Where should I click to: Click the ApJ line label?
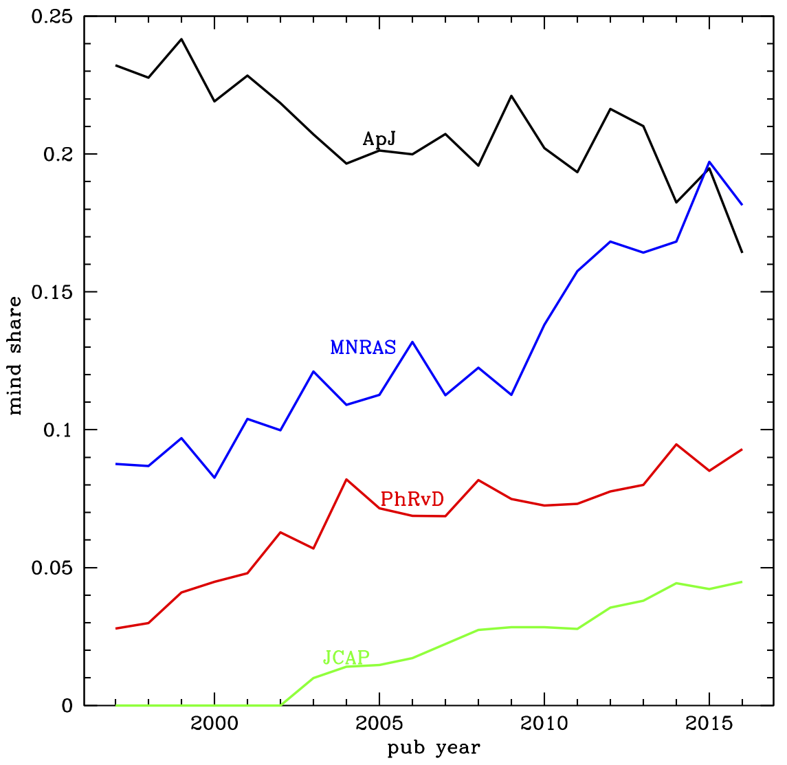tap(379, 140)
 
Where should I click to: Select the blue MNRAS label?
tap(363, 348)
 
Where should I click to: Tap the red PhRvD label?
tap(412, 499)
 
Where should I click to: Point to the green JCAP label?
tap(346, 658)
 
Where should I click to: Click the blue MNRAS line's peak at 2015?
tap(709, 162)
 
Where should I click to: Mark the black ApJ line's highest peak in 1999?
tap(181, 39)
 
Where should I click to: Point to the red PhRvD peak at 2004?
tap(346, 479)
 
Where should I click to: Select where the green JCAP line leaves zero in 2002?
tap(280, 705)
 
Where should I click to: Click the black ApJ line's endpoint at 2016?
tap(742, 252)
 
